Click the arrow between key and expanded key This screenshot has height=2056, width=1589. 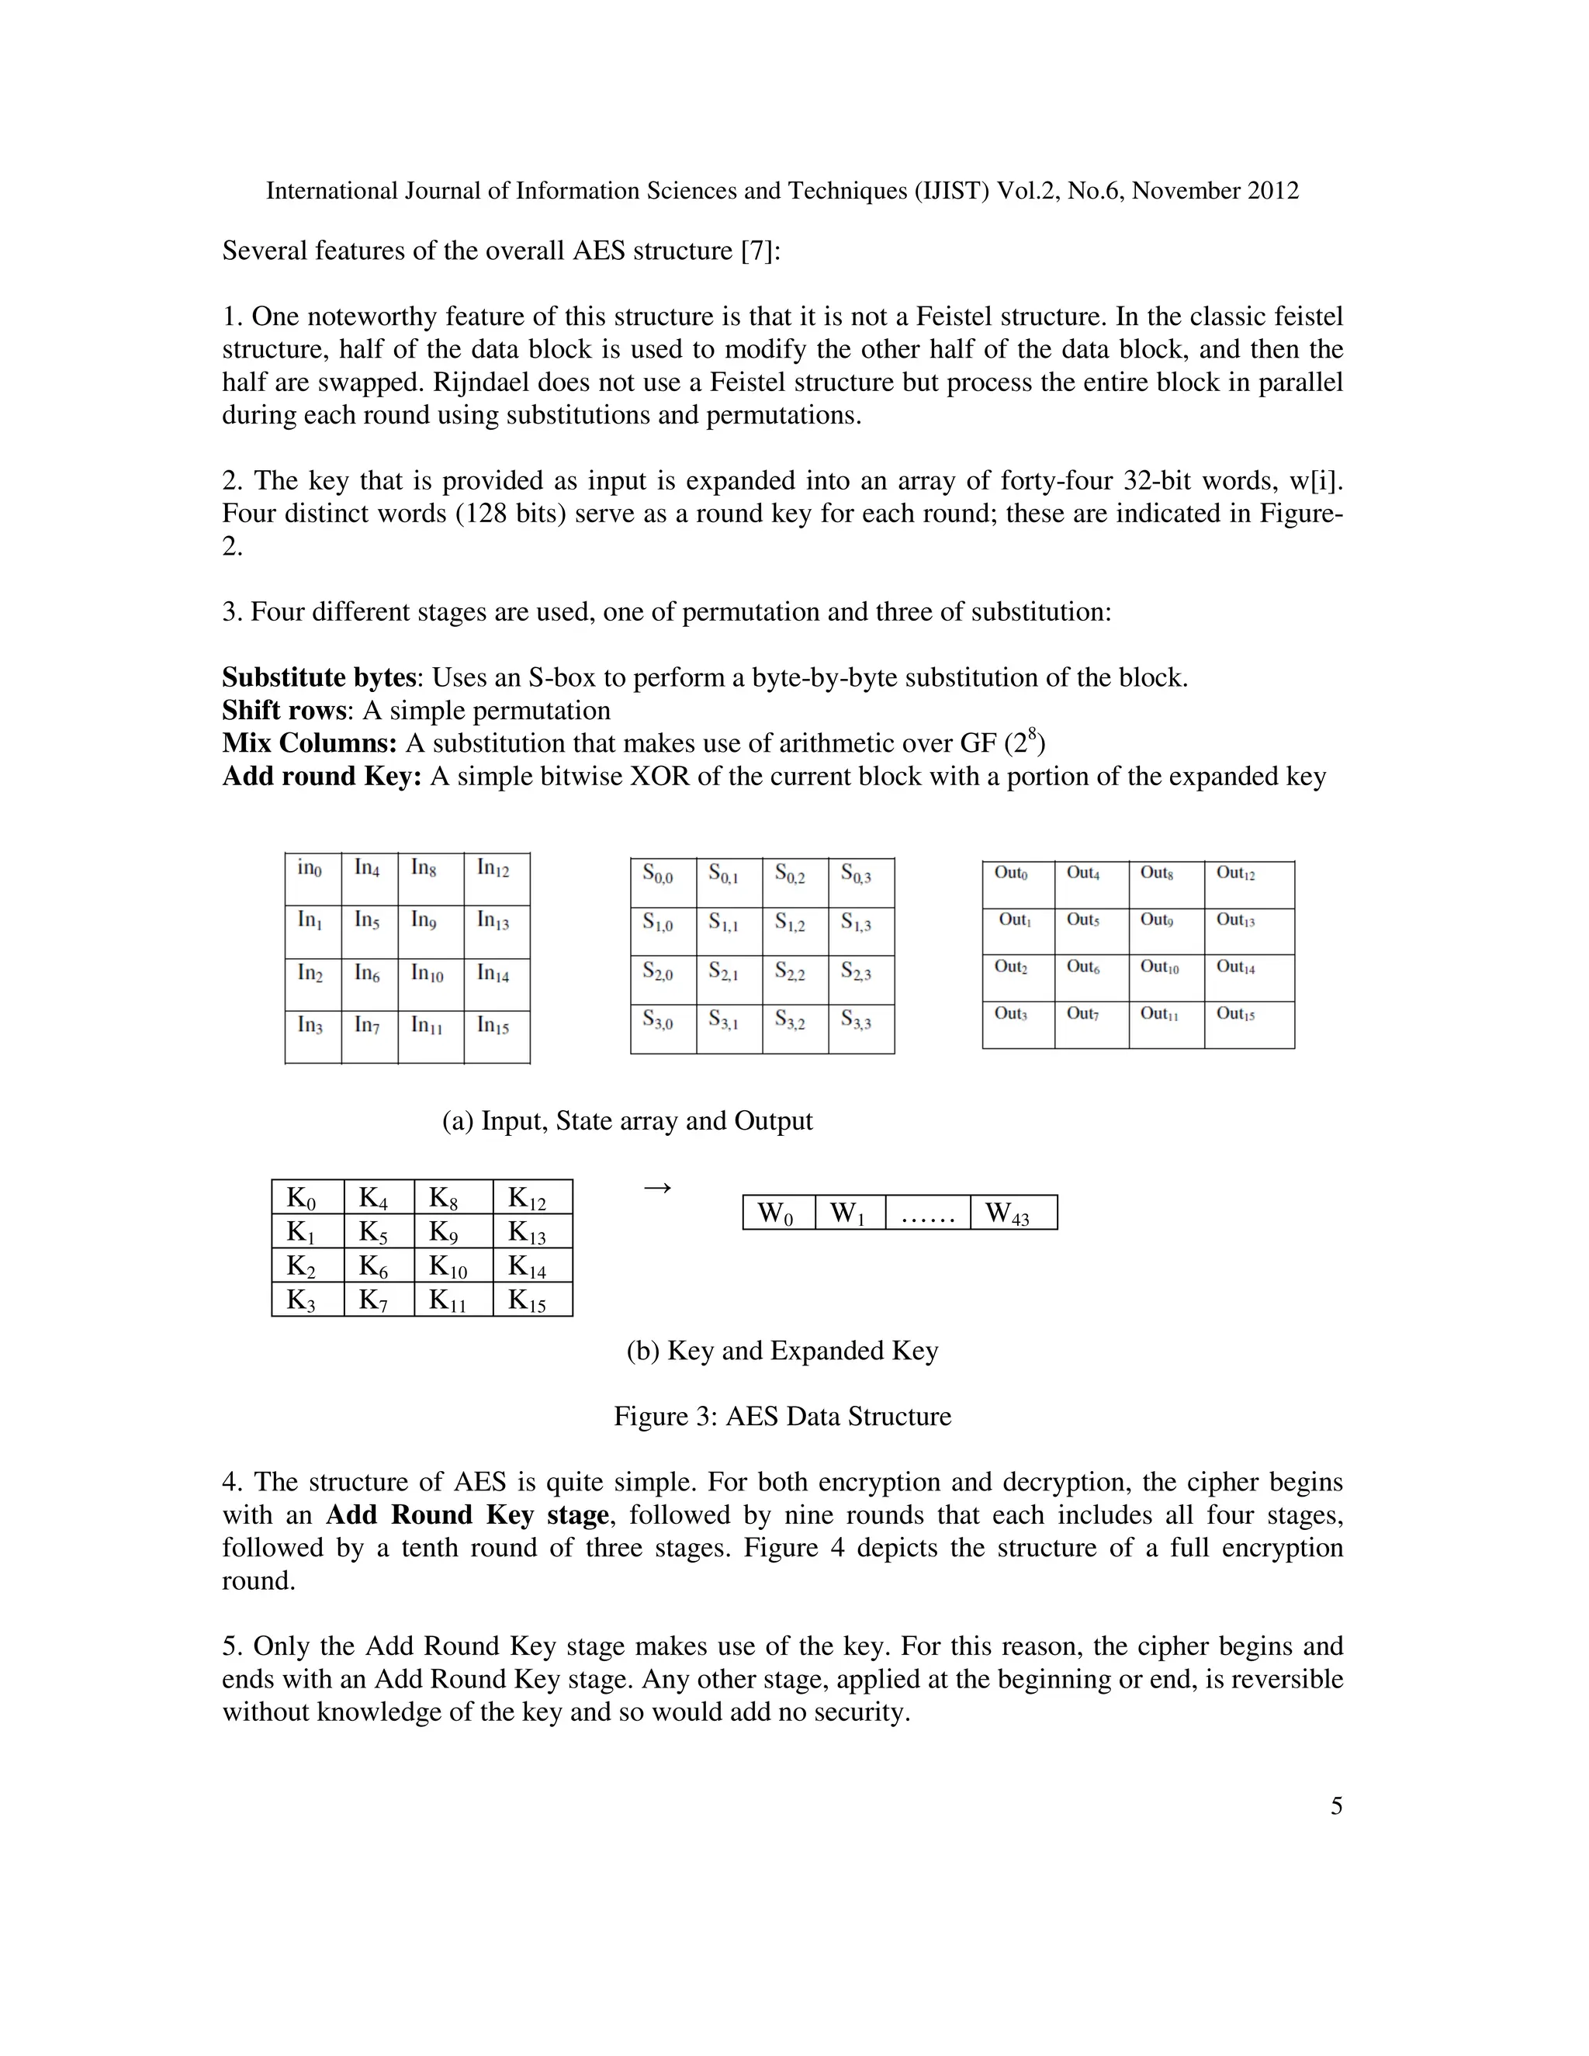pyautogui.click(x=657, y=1188)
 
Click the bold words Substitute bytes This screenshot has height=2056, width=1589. pyautogui.click(x=319, y=678)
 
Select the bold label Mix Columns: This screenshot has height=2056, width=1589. pyautogui.click(x=310, y=744)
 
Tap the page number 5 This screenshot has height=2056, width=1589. pyautogui.click(x=1336, y=1806)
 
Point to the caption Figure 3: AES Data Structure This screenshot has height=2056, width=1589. pyautogui.click(x=782, y=1417)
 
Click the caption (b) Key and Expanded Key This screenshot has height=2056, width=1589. pyautogui.click(x=782, y=1351)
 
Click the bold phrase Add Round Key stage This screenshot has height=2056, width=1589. pyautogui.click(x=468, y=1516)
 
